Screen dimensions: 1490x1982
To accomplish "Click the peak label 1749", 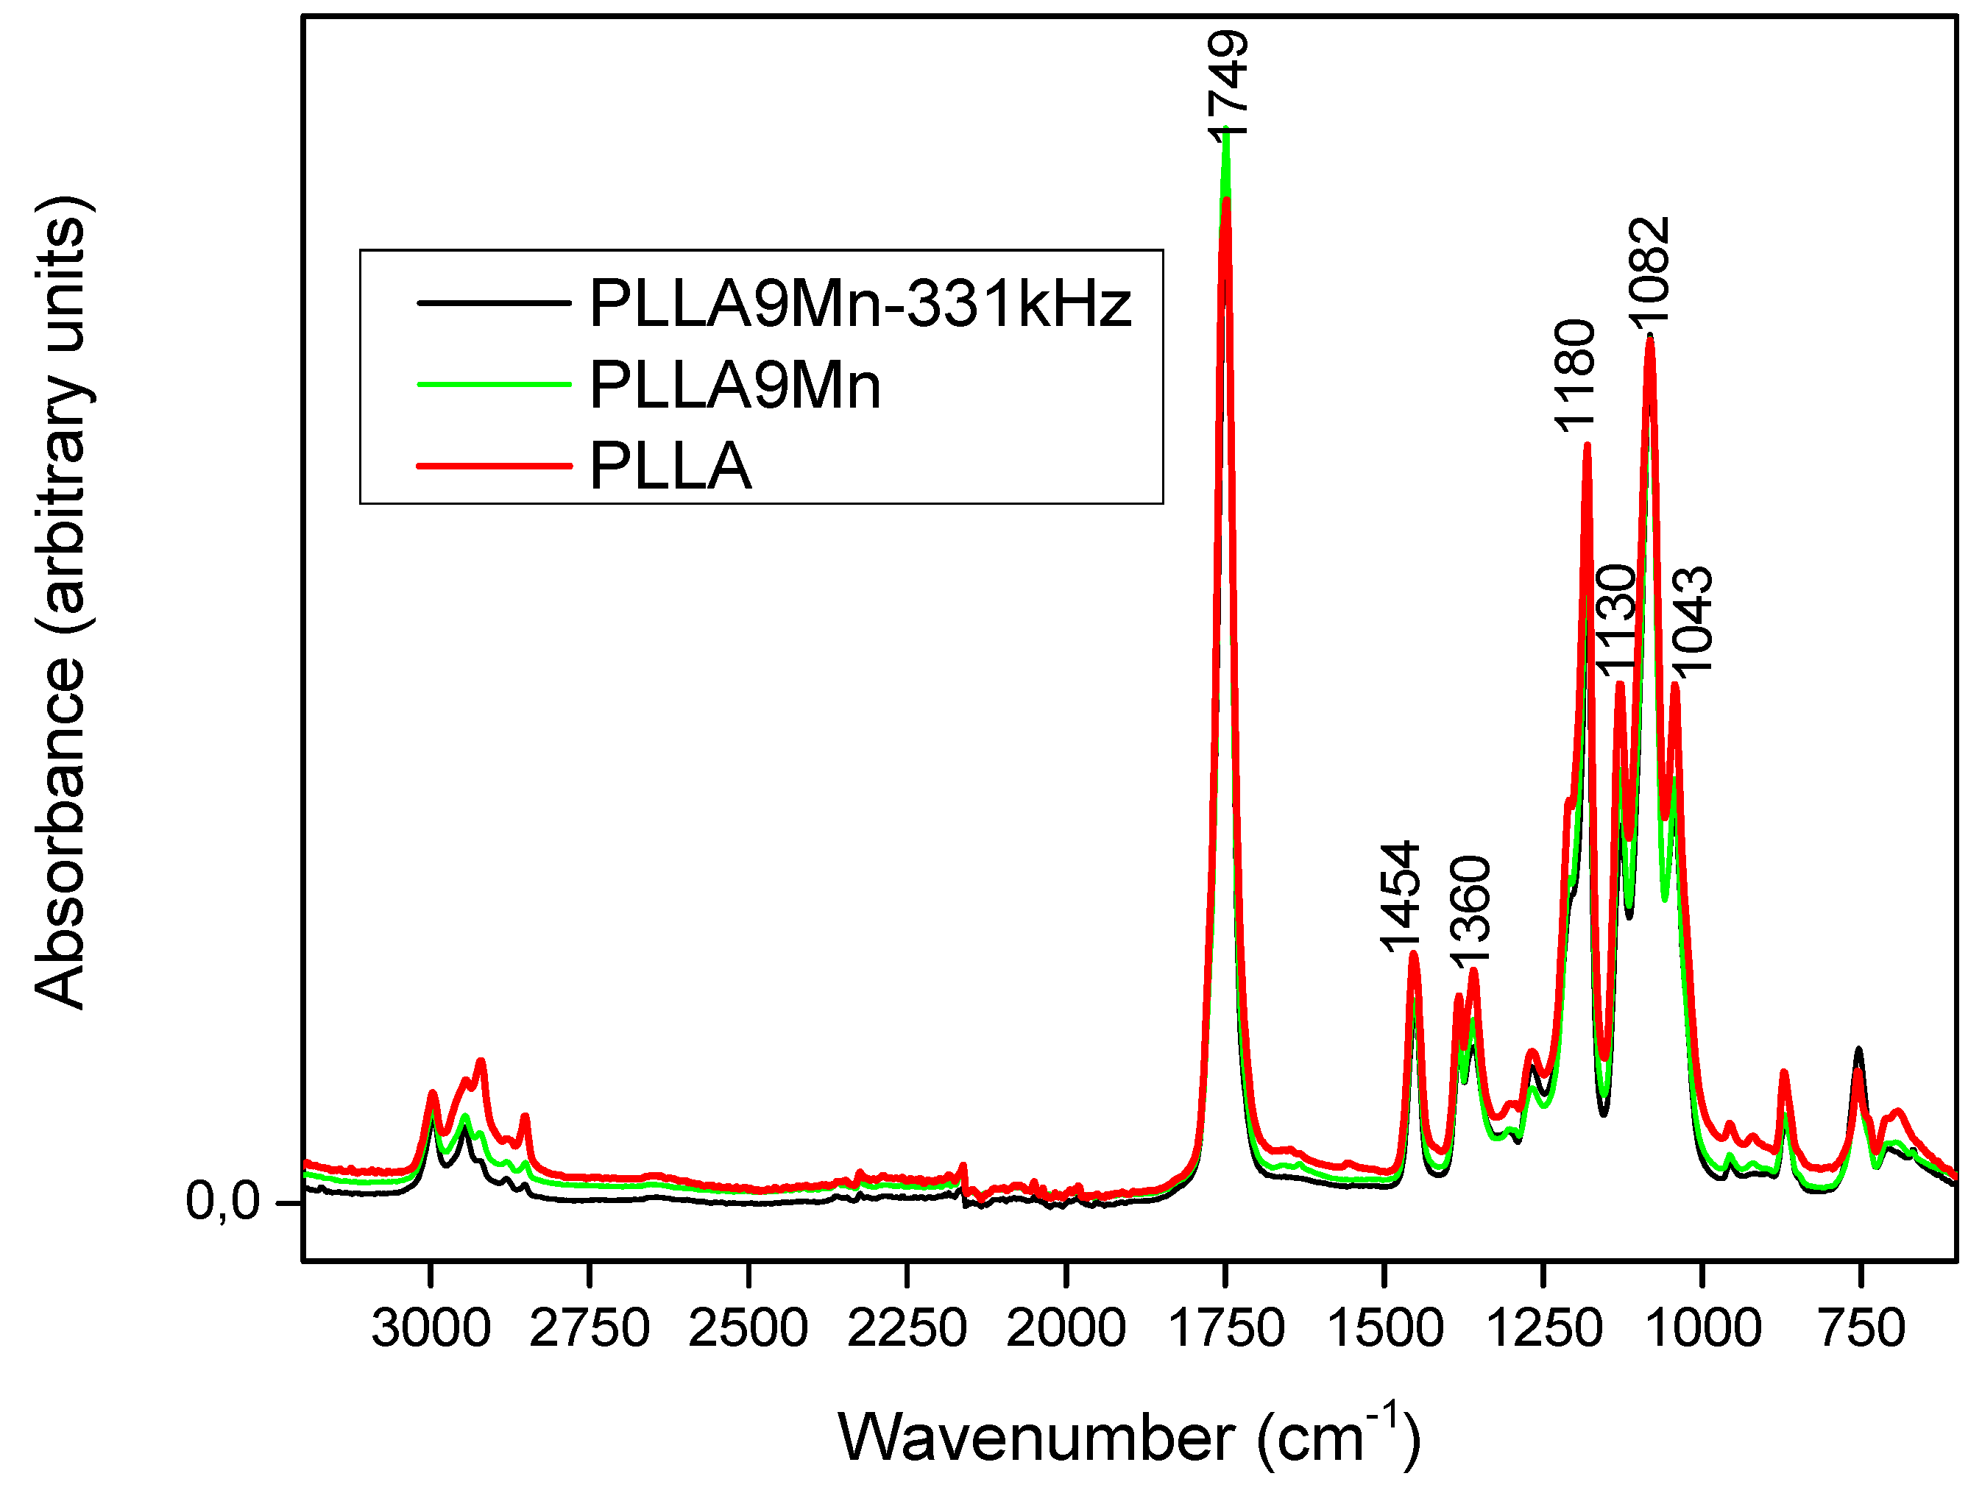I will click(x=1228, y=85).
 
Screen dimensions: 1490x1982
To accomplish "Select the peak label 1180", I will click(x=1574, y=375).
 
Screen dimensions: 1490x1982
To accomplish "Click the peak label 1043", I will click(x=1693, y=620).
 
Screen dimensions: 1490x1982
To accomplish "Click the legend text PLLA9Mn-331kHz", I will click(x=860, y=304).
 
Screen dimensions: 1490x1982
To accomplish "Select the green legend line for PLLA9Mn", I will click(x=494, y=384).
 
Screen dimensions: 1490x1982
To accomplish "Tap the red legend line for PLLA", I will click(x=494, y=466).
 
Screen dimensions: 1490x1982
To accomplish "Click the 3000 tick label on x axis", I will click(x=431, y=1328).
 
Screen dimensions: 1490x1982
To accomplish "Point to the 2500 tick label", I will click(x=748, y=1328).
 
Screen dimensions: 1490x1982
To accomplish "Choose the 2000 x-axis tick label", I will click(x=1066, y=1328).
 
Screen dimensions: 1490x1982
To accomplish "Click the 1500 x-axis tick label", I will click(x=1384, y=1328).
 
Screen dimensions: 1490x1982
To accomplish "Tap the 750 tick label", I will click(x=1861, y=1328).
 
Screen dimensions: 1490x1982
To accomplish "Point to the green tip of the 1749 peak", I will click(x=1225, y=135).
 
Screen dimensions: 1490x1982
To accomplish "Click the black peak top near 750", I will click(x=1858, y=1049).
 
